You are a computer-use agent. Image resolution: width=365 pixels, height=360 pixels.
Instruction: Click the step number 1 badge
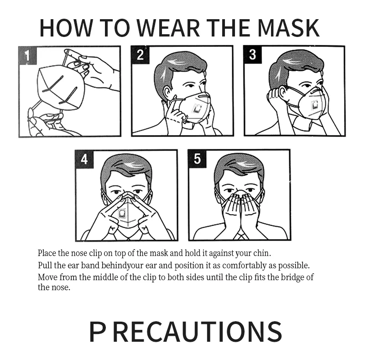click(x=27, y=55)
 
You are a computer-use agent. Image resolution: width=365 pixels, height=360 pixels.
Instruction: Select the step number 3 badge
click(x=252, y=55)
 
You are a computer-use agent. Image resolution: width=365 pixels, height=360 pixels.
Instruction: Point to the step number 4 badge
click(x=84, y=159)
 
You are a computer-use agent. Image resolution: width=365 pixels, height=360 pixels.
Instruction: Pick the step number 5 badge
click(x=197, y=159)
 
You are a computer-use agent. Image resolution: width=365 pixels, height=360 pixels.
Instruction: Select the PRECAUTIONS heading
click(x=185, y=331)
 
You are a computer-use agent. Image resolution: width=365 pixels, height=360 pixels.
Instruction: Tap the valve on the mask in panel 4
click(x=122, y=213)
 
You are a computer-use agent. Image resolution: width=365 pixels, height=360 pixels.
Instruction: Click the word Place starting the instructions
click(x=47, y=253)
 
